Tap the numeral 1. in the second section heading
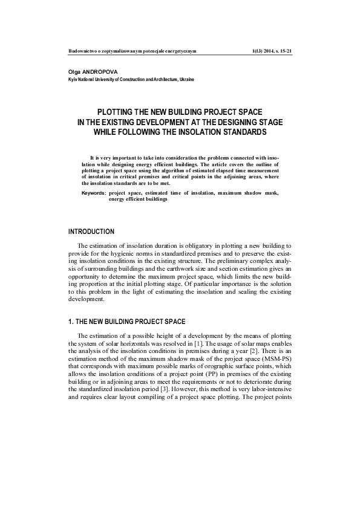click(x=71, y=321)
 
